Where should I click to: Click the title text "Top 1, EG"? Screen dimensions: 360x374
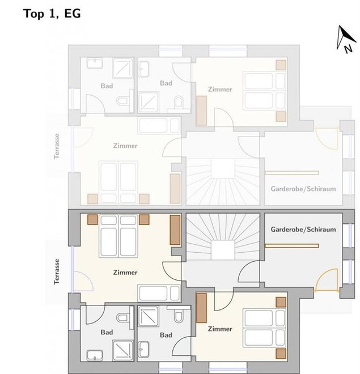[52, 14]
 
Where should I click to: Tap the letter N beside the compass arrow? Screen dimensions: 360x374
[348, 49]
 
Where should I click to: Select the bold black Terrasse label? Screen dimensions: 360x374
[57, 271]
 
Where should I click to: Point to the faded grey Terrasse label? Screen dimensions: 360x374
[57, 146]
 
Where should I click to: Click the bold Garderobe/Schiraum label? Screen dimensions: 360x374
[303, 229]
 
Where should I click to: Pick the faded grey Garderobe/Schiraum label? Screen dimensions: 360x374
[303, 189]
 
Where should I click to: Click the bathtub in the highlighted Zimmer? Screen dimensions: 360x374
[159, 293]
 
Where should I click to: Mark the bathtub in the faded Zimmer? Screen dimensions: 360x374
[159, 125]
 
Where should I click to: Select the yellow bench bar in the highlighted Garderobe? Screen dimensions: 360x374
[291, 246]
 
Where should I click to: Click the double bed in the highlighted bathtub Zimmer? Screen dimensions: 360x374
[118, 236]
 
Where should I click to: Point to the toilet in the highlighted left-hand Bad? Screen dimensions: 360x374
[122, 317]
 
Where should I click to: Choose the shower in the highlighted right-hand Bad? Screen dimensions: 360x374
[148, 317]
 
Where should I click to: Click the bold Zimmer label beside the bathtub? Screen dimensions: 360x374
[125, 273]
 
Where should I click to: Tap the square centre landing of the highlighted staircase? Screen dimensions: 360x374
[223, 250]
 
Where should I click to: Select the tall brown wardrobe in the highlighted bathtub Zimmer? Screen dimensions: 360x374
[175, 230]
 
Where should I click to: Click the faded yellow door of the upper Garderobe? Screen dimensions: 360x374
[327, 139]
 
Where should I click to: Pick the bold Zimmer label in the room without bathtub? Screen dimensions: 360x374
[220, 329]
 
